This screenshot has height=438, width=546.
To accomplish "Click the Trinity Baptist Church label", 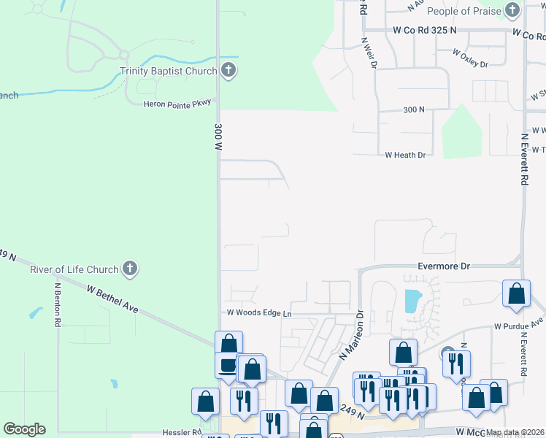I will click(169, 72).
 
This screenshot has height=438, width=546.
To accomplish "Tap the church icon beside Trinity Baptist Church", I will click(228, 71).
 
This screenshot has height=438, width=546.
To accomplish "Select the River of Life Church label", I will click(74, 269).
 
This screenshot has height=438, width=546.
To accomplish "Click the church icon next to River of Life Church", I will click(130, 269).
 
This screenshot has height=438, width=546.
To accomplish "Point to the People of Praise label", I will click(464, 11).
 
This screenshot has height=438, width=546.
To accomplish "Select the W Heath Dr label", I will click(404, 155).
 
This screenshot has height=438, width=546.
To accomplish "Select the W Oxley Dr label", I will click(470, 58).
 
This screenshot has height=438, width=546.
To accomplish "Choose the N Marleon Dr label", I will click(351, 336).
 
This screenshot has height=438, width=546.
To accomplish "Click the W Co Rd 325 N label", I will click(424, 30).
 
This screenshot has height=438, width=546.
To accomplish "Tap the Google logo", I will click(24, 429).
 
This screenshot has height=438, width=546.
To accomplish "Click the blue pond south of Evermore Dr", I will click(412, 300).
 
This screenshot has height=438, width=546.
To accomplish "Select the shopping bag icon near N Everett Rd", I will click(516, 293).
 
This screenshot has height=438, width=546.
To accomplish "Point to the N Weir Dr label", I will click(368, 53).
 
